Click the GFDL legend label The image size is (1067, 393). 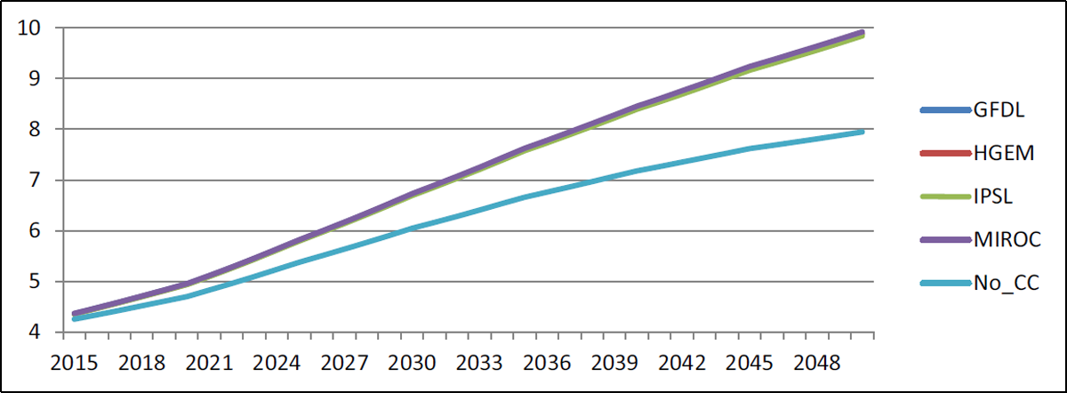point(999,110)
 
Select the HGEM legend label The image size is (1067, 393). point(1004,153)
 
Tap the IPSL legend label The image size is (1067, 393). point(992,196)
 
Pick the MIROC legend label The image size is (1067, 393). point(1007,239)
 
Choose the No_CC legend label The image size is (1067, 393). point(1006,283)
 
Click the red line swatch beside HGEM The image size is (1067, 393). point(946,153)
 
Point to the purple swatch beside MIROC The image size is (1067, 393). point(946,239)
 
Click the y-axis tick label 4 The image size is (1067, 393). point(36,332)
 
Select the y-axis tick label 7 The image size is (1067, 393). point(36,180)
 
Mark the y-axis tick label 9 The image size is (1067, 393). point(36,78)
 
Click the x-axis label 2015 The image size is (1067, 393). point(74,363)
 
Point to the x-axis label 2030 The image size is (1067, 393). point(412,363)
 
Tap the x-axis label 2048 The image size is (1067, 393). point(817,363)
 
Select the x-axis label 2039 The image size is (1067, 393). point(614,363)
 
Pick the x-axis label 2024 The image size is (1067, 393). point(277,363)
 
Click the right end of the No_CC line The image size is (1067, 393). point(862,132)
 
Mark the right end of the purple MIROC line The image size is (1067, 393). point(862,32)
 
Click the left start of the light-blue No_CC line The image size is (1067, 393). point(75,318)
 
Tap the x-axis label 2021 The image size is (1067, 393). point(209,363)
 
